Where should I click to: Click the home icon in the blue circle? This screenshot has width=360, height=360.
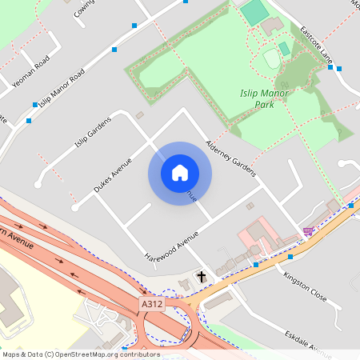(x=180, y=173)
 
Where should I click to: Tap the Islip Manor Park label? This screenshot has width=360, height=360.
(x=264, y=98)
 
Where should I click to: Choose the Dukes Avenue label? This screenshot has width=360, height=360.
(x=112, y=174)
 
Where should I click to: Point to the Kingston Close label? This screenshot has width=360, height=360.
(x=305, y=286)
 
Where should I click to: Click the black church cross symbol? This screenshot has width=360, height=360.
(x=202, y=277)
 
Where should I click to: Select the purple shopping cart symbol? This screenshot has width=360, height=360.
(x=308, y=231)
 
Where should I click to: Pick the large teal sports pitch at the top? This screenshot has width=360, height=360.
(x=255, y=12)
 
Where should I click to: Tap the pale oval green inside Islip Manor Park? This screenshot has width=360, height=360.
(x=272, y=58)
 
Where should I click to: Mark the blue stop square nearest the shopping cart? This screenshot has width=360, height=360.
(x=290, y=257)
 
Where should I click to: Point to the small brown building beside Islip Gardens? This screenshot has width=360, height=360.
(x=139, y=116)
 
